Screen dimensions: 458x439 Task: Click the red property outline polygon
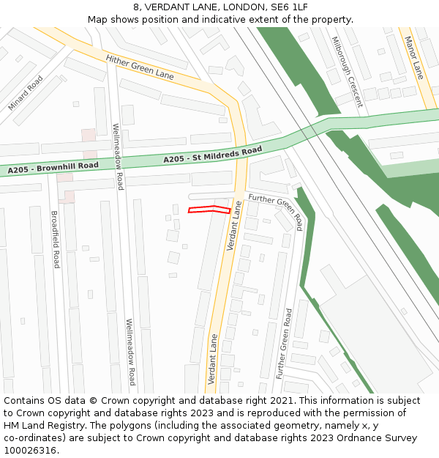pyautogui.click(x=209, y=210)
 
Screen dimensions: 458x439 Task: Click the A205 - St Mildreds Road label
pyautogui.click(x=212, y=155)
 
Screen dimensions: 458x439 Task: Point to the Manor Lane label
pyautogui.click(x=414, y=59)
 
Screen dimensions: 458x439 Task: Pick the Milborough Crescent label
pyautogui.click(x=347, y=72)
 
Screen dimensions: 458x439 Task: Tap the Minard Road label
pyautogui.click(x=26, y=94)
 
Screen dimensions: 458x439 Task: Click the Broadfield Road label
pyautogui.click(x=54, y=239)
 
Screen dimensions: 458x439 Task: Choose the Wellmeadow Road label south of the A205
pyautogui.click(x=130, y=352)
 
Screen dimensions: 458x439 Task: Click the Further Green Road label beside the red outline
pyautogui.click(x=275, y=208)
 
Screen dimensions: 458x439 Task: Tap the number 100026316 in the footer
pyautogui.click(x=31, y=450)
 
